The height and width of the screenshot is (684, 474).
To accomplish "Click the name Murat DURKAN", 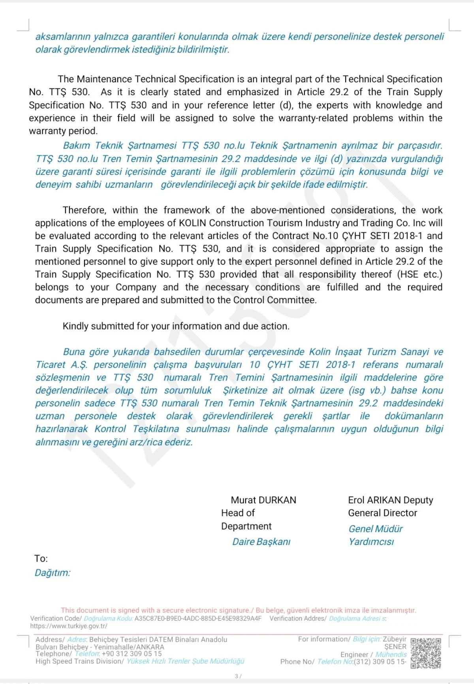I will pos(263,500).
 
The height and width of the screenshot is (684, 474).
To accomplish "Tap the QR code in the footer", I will pos(426,653).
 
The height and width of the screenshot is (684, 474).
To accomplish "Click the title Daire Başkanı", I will pos(261,542).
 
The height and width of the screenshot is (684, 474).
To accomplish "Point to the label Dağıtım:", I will pos(52,573).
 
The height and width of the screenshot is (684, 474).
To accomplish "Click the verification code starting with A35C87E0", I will pos(198,618).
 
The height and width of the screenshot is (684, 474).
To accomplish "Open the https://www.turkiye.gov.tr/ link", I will pos(69,626).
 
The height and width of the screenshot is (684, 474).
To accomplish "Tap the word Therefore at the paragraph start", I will pos(84,210).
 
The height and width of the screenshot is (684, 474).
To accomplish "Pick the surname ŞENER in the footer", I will pos(395,647).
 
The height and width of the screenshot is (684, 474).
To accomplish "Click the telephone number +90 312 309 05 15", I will pos(132,654).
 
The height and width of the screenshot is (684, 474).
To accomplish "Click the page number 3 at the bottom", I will pos(236,676).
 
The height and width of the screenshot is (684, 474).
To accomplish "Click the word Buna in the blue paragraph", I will pos(74,352).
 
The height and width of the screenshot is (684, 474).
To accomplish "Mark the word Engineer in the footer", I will pos(354,654).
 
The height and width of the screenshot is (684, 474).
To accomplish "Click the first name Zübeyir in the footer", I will pos(395,639).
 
